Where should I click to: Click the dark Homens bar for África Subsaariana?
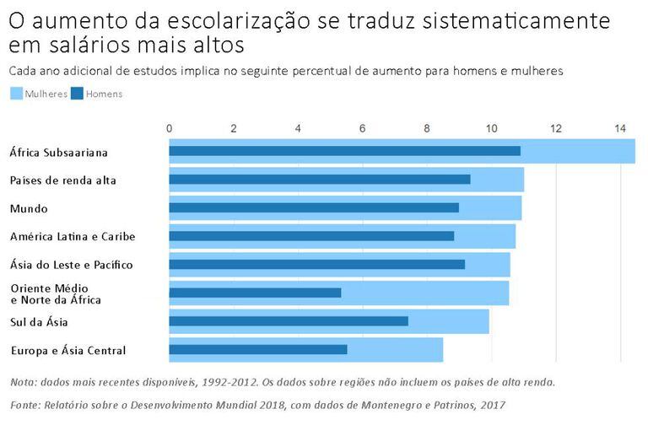click(x=344, y=151)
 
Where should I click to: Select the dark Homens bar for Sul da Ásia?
click(x=289, y=321)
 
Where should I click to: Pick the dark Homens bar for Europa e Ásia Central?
click(x=258, y=349)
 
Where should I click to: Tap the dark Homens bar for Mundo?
click(x=314, y=207)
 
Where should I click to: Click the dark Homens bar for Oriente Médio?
click(x=255, y=293)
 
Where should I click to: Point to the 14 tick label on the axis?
click(x=619, y=128)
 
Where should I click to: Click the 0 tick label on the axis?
click(x=170, y=128)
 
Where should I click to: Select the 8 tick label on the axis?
click(x=427, y=128)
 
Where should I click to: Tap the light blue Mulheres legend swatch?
click(x=17, y=94)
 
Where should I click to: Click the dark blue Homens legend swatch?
click(x=77, y=94)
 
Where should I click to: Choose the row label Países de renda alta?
click(x=62, y=180)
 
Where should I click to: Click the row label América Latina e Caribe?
click(x=72, y=236)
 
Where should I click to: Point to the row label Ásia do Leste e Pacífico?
click(x=71, y=265)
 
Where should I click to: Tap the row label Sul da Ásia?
click(x=39, y=322)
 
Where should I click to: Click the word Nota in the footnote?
click(x=24, y=382)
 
